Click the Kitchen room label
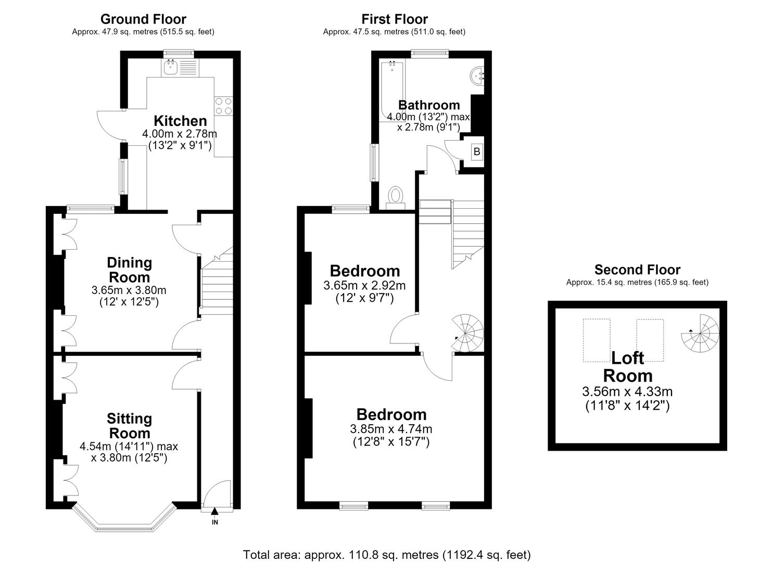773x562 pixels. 180,121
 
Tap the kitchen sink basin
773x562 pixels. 170,68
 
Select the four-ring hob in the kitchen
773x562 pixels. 223,106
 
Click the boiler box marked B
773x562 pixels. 477,151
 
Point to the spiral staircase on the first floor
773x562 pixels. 467,333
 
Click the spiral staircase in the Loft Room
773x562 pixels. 700,333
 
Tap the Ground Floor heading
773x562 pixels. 143,19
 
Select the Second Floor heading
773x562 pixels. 637,270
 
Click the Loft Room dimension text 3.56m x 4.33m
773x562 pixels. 627,391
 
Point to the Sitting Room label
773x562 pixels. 130,426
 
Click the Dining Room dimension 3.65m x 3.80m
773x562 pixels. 129,290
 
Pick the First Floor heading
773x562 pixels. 395,19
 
